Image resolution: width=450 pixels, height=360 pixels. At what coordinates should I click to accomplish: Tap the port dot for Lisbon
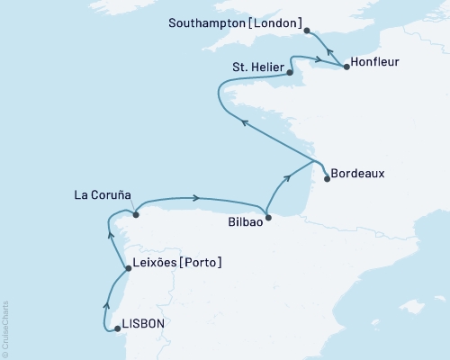tap(118, 329)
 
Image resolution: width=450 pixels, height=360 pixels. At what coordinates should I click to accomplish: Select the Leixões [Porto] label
tap(177, 263)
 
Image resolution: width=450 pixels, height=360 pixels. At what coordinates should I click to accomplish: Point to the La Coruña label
tap(103, 193)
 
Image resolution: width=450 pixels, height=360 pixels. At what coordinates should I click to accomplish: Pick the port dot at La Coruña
tap(135, 213)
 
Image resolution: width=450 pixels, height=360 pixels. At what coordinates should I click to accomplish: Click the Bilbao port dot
tap(271, 217)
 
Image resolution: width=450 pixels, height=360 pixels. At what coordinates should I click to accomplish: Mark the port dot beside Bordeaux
tap(327, 178)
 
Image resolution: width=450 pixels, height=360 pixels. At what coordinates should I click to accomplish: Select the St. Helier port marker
tap(289, 74)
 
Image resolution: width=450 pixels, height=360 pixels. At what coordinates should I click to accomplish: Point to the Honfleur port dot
tap(346, 67)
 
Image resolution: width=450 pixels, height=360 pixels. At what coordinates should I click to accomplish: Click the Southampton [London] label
tap(235, 21)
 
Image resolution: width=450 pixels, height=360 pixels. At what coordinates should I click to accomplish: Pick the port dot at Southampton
tap(308, 30)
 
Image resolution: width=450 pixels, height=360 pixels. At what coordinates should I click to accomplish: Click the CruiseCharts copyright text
tap(5, 329)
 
